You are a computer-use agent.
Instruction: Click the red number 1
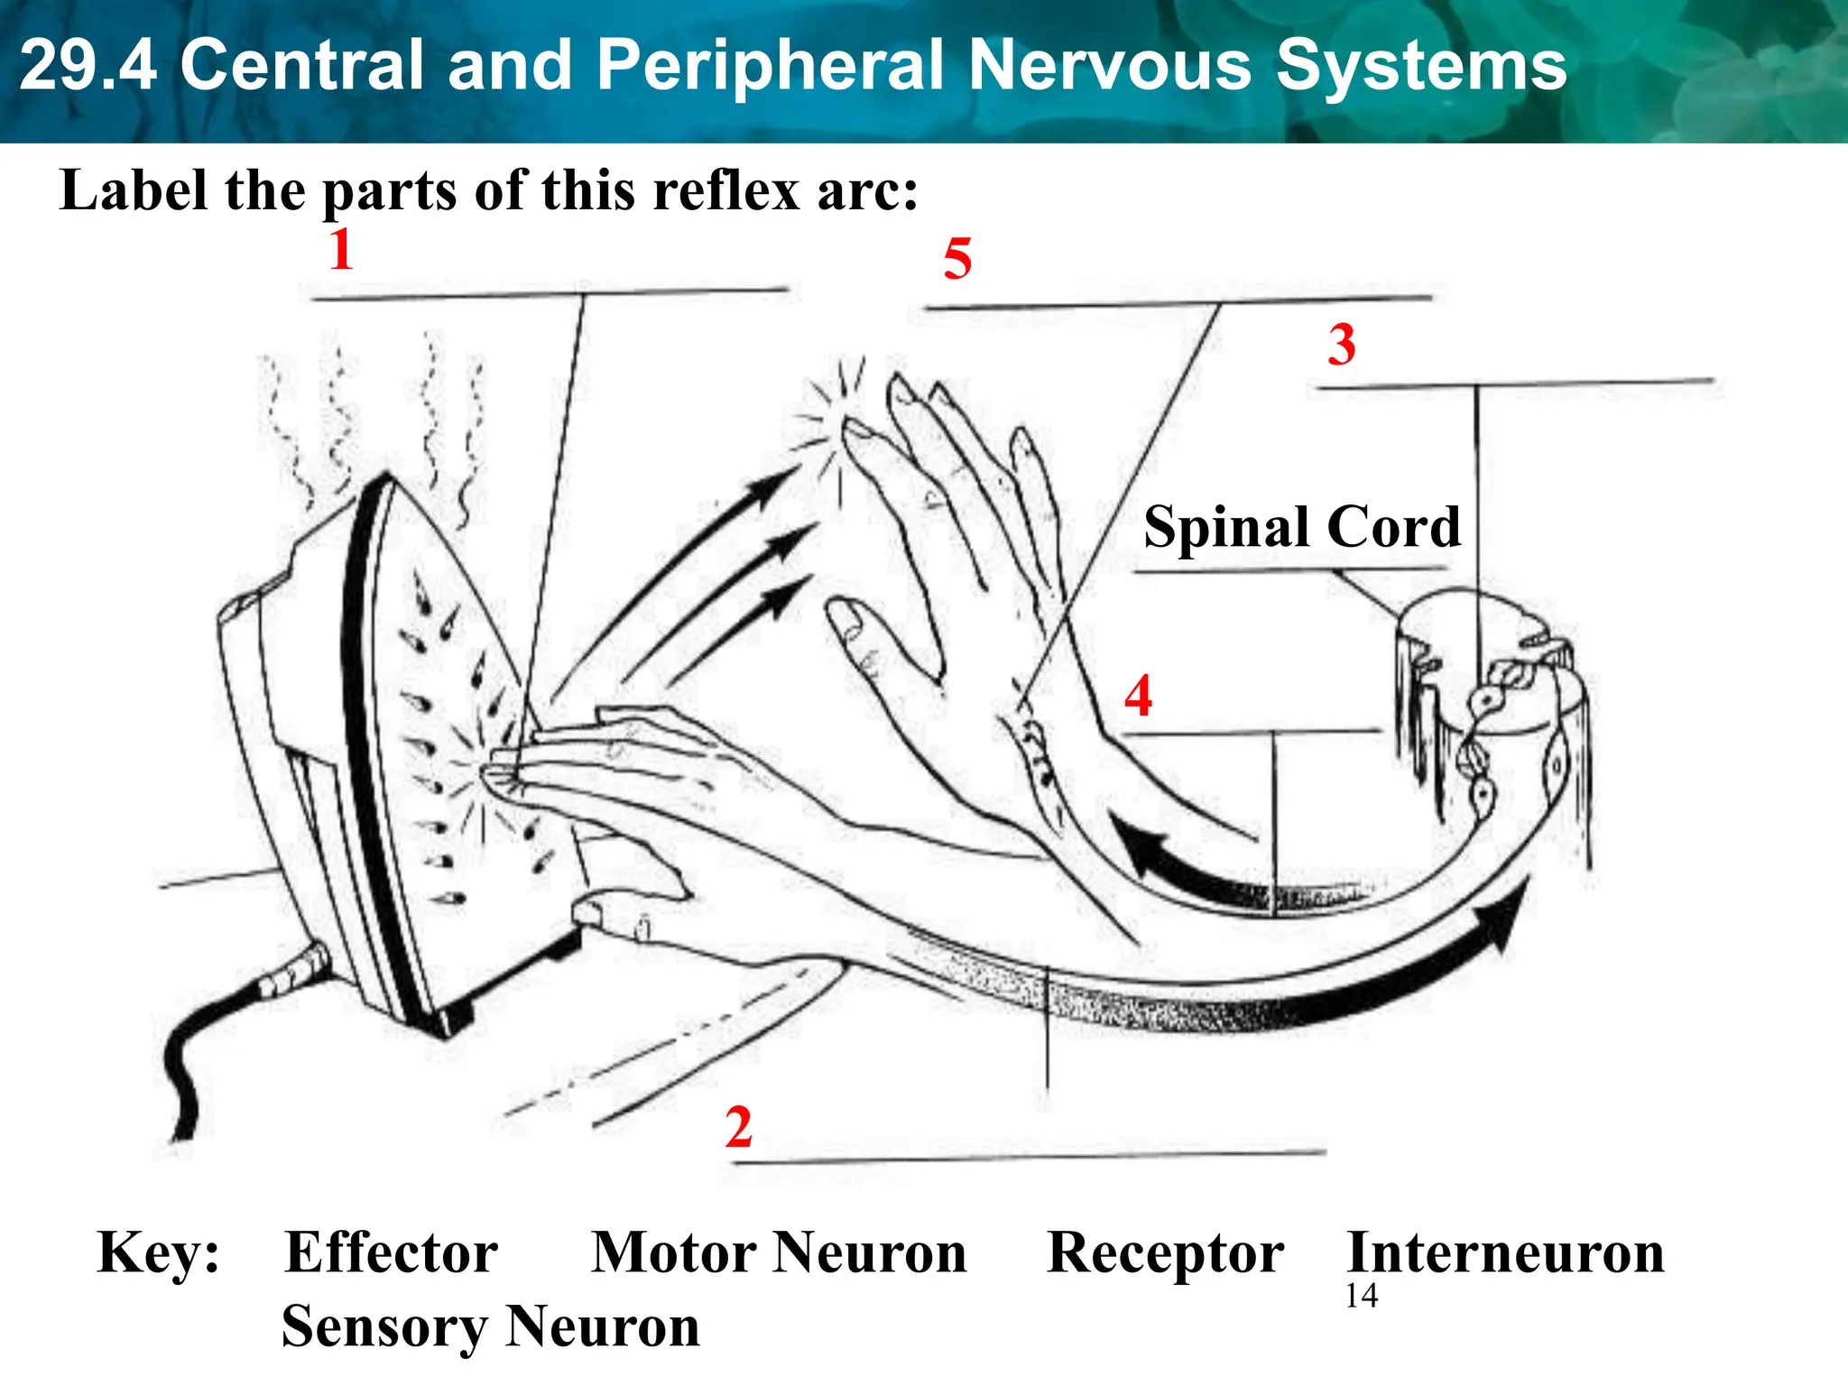(341, 249)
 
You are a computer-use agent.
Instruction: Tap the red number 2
(738, 1127)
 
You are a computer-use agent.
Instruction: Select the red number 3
(1341, 345)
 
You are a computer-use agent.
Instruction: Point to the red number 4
(1138, 696)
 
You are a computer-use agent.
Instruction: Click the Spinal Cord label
(1301, 527)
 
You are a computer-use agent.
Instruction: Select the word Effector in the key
(391, 1252)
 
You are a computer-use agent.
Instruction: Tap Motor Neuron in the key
(778, 1252)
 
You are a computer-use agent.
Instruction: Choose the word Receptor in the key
(1165, 1252)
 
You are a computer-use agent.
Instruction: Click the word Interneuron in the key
(1505, 1252)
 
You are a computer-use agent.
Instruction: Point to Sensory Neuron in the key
(490, 1326)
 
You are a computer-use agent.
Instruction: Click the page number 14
(1361, 1297)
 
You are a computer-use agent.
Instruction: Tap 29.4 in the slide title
(88, 65)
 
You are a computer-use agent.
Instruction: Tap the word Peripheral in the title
(770, 65)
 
